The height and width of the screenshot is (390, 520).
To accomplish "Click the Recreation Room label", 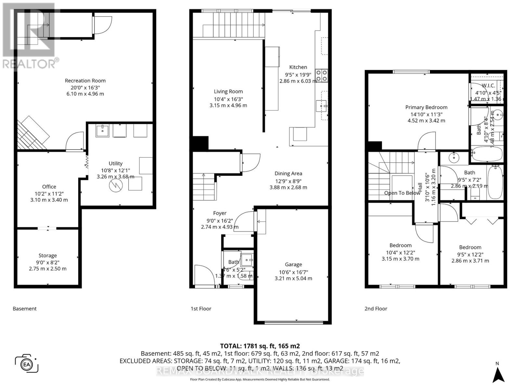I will pos(85,81).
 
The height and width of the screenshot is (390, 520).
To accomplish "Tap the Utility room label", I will pos(115,163).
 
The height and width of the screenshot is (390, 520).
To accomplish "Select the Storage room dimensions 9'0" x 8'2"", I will pos(47,262).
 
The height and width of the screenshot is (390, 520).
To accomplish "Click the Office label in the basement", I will pos(49,187).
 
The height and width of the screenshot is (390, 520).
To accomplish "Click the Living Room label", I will pos(228,92).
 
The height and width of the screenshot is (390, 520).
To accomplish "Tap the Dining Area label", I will pos(288,174).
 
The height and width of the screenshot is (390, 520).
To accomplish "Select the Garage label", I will pos(293,265).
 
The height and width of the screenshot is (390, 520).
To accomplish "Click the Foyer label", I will pos(220,213).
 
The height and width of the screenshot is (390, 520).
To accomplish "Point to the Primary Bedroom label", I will pos(426,107).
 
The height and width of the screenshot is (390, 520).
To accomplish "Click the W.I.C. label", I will pos(488,85).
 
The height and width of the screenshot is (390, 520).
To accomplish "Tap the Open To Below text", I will pos(402,193).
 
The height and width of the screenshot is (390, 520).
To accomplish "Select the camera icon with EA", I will pos(27,364).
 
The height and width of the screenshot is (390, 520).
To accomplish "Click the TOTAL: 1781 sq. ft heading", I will pos(260,346).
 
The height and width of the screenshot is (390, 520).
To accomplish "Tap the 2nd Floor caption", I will pos(376,309).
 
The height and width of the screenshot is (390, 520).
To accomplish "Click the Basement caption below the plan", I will pos(25,309).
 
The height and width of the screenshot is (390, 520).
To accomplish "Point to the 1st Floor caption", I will pos(201,309).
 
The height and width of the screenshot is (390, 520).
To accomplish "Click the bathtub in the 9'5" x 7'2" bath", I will pos(495,182).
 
